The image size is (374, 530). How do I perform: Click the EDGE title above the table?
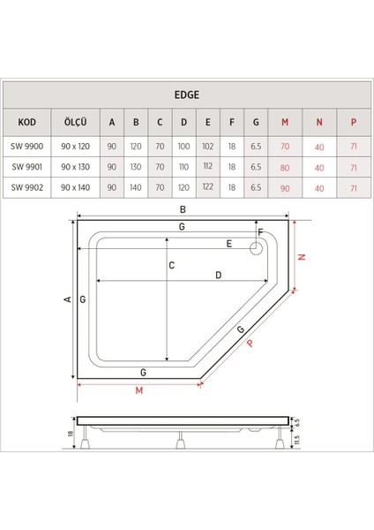186,90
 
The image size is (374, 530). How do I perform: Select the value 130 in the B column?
137,165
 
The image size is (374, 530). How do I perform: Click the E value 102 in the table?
206,144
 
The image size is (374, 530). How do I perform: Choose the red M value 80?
284,165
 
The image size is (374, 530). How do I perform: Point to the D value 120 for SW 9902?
183,187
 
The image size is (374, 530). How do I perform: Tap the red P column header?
353,123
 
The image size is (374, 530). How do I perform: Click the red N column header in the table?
319,123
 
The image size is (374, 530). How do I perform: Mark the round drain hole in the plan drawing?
258,247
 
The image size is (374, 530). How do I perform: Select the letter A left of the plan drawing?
67,300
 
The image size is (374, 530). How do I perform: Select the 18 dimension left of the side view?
71,433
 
